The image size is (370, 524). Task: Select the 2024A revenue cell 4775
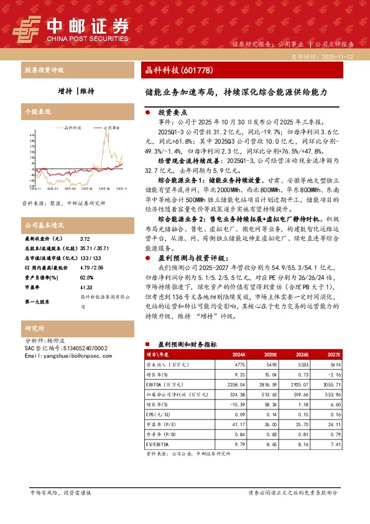tap(240, 362)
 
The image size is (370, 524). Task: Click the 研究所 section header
tap(34, 328)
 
